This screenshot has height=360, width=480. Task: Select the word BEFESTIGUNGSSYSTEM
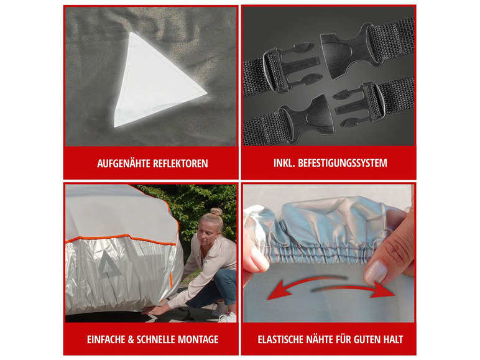[x=343, y=163]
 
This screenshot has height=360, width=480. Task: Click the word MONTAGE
[x=198, y=339]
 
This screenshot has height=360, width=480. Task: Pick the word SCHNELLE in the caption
[x=156, y=339]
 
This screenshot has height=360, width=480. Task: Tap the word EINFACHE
[x=106, y=339]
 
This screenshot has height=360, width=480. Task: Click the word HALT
[x=393, y=339]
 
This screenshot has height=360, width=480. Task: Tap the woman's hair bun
[x=216, y=211]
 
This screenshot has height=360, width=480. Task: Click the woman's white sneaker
[x=228, y=317]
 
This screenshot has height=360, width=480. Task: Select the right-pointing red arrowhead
[x=382, y=290]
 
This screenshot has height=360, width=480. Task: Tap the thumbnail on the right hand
[x=375, y=272]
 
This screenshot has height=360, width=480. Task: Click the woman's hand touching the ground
[x=156, y=310]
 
